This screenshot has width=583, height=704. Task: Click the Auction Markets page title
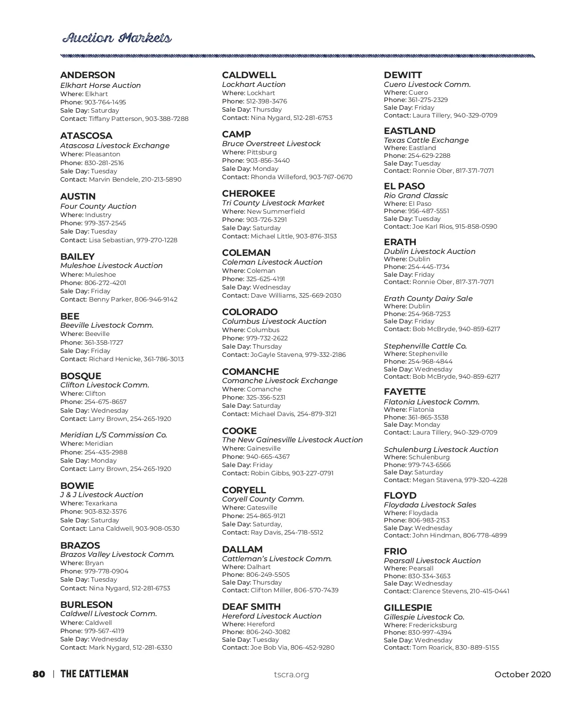[117, 38]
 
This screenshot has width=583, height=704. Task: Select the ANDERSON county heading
[87, 75]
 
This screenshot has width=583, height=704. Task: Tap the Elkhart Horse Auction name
[101, 85]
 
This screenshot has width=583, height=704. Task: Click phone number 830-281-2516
[104, 163]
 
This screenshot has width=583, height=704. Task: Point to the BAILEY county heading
[77, 257]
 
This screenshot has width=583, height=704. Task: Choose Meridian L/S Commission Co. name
[114, 435]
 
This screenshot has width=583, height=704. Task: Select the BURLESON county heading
[86, 605]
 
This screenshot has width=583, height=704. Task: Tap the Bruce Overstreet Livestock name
[271, 144]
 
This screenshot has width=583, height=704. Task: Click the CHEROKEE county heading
[248, 194]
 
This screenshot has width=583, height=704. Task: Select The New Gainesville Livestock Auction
[292, 440]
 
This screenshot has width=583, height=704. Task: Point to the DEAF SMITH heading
[251, 607]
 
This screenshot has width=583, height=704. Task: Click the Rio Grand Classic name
[416, 196]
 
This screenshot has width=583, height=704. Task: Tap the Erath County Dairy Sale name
[428, 299]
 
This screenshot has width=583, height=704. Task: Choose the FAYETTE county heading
[405, 392]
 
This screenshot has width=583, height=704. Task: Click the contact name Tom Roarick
[432, 648]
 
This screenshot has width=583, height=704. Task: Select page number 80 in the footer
[39, 674]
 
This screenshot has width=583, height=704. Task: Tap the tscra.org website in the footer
[291, 674]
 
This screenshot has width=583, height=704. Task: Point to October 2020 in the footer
[523, 674]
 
